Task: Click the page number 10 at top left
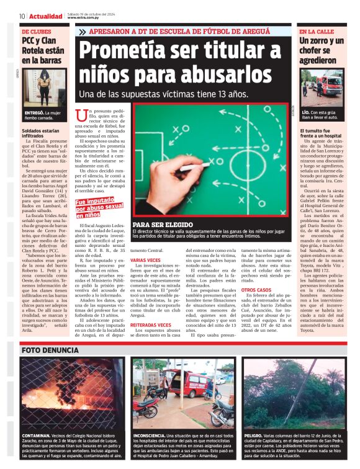pyautogui.click(x=22, y=16)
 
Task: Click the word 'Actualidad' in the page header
pyautogui.click(x=46, y=16)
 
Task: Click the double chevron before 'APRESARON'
pyautogui.click(x=83, y=31)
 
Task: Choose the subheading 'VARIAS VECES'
pyautogui.click(x=145, y=260)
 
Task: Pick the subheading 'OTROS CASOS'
pyautogui.click(x=256, y=290)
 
